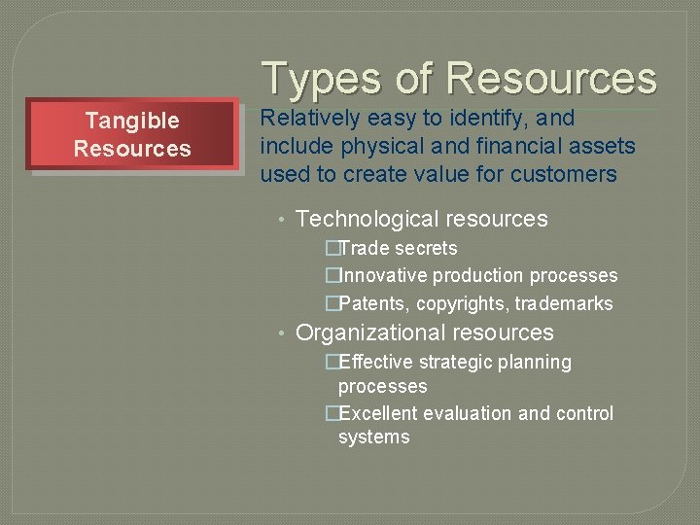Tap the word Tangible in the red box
[x=132, y=121]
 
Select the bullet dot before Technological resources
[x=279, y=221]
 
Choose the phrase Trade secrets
[x=397, y=249]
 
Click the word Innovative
[x=381, y=276]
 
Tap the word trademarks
[x=564, y=304]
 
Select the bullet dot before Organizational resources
[x=279, y=334]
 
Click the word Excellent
[x=378, y=414]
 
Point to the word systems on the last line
[x=374, y=437]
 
